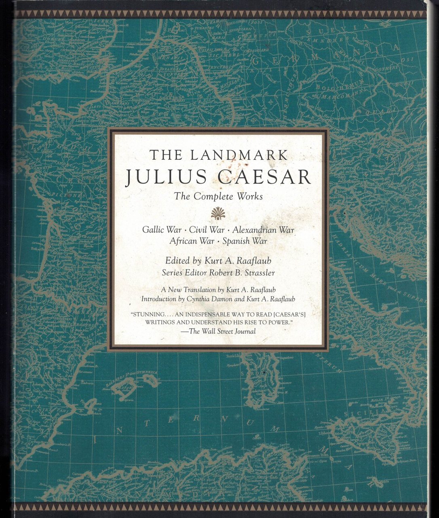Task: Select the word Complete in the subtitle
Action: (x=212, y=197)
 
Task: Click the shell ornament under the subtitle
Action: (x=218, y=213)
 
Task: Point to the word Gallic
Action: (x=153, y=230)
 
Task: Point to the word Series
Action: (x=172, y=273)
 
